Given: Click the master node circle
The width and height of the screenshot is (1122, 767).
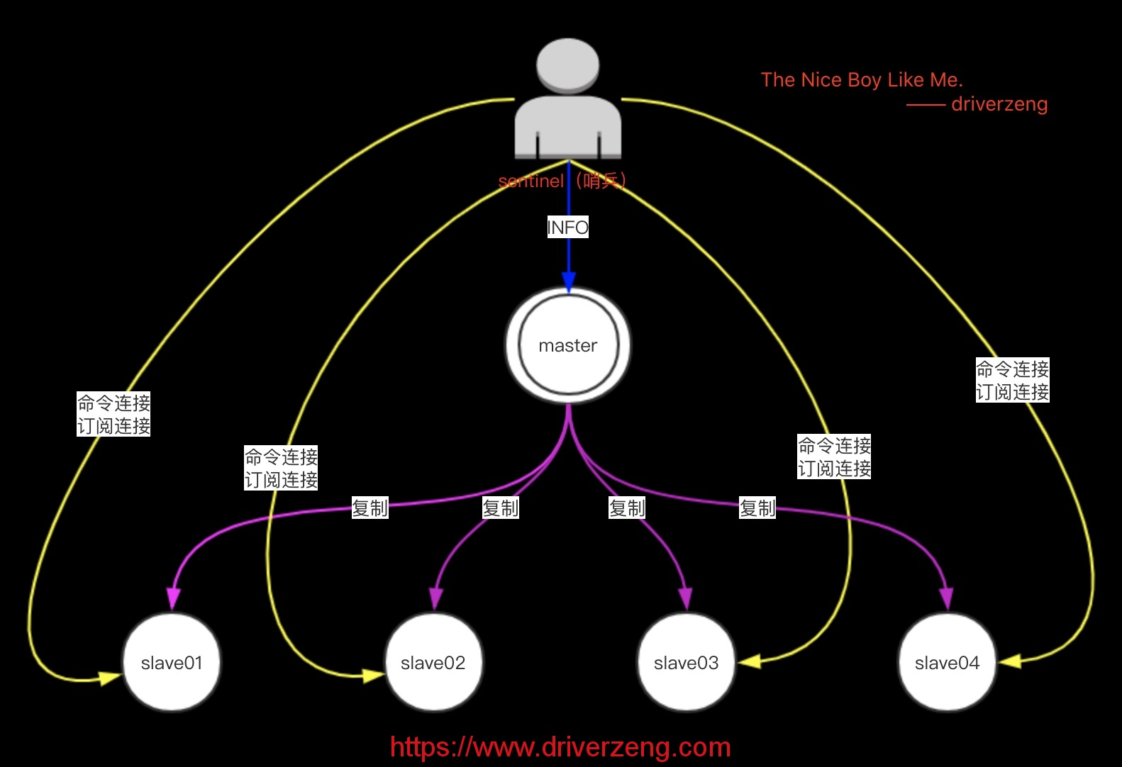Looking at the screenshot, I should point(568,345).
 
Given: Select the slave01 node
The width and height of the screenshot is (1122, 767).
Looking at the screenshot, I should point(172,663).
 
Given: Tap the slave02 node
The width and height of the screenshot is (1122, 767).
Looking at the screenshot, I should point(433,663).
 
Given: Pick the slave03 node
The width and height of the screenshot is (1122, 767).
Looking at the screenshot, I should point(687,663).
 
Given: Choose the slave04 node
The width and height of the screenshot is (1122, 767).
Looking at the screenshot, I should point(948,663).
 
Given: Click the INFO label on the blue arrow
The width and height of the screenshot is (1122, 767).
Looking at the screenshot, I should point(568,228).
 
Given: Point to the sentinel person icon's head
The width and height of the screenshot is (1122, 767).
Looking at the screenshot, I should point(568,65).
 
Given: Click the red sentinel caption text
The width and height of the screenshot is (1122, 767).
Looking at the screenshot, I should point(562,181).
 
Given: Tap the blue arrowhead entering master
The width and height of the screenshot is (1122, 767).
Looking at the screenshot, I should point(569,281).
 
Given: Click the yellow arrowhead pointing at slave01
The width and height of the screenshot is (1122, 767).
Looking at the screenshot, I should point(109,678).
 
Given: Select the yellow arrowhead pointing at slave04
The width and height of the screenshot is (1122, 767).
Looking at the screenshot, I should point(1010,661).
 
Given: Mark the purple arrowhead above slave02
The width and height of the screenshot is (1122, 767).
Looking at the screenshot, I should point(436,599).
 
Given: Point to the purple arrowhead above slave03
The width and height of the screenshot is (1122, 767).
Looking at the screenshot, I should point(685,599).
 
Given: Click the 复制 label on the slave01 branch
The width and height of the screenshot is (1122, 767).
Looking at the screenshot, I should point(370,508).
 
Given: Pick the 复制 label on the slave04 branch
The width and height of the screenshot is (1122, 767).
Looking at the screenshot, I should point(757,508).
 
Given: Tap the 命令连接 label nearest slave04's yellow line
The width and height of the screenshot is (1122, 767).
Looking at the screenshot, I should point(1013,369).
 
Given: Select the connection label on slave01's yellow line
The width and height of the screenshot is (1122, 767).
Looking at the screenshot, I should point(114,415).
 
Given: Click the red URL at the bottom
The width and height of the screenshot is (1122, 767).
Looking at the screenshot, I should point(560,747).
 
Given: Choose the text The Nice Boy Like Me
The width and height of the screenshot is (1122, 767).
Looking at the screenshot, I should point(862,80).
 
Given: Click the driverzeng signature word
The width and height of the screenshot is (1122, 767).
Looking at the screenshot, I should point(999,104).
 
